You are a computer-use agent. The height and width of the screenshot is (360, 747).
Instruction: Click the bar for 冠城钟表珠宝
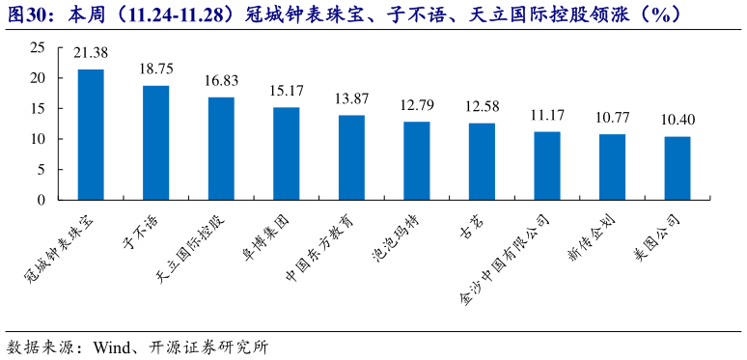pyautogui.click(x=91, y=135)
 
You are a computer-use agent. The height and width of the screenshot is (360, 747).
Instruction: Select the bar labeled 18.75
pyautogui.click(x=155, y=143)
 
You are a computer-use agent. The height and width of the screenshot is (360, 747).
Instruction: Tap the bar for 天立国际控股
pyautogui.click(x=221, y=149)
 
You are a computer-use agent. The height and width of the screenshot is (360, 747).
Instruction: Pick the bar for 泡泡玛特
pyautogui.click(x=416, y=161)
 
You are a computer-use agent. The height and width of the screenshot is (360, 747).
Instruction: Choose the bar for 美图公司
pyautogui.click(x=678, y=169)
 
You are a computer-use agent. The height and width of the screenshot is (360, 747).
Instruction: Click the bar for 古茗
pyautogui.click(x=482, y=162)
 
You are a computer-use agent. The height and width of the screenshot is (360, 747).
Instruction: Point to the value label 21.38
pyautogui.click(x=91, y=52)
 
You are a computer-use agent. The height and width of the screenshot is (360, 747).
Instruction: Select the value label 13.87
pyautogui.click(x=351, y=98)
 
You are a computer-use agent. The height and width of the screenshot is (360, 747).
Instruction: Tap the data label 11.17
pyautogui.click(x=547, y=116)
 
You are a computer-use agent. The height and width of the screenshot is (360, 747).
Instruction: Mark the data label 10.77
pyautogui.click(x=612, y=118)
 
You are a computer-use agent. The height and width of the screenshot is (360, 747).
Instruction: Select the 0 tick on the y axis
pyautogui.click(x=41, y=201)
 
